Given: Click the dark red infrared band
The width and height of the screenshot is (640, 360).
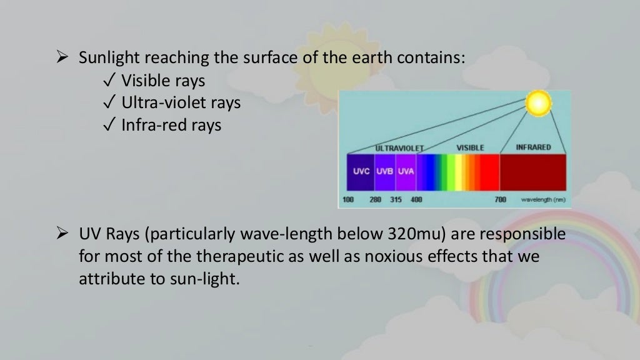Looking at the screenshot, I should tap(532, 172).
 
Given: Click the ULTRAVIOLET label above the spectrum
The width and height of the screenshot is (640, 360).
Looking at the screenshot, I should tap(399, 148).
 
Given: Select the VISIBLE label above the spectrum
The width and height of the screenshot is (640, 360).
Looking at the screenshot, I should tap(470, 148).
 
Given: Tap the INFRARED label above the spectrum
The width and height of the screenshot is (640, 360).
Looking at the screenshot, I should tap(533, 147).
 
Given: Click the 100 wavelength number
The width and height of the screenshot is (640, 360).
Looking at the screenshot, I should tap(347, 200).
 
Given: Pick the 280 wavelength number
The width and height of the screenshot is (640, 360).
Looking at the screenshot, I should tap(375, 200).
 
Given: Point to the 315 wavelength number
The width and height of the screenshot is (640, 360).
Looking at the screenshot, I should tap(396, 200).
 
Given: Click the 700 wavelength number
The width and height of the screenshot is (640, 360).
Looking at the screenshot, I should tap(500, 200).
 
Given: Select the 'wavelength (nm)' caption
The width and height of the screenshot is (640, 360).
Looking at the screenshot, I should tap(543, 200).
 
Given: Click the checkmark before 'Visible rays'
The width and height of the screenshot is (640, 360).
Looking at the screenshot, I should tap(109, 81).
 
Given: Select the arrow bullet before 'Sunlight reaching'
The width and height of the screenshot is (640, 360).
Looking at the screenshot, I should tap(62, 59).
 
